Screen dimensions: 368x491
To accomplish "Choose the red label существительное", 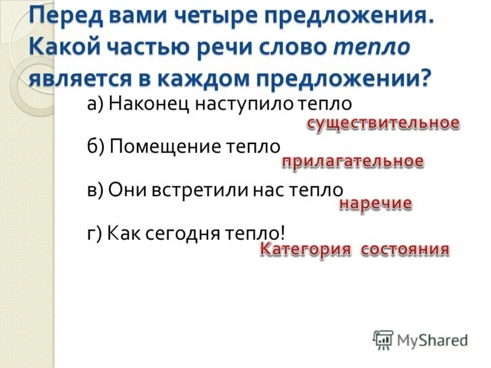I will tap(383, 123).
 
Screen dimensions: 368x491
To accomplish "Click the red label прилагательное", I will tap(352, 162).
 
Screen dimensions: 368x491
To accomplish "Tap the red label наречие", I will tap(376, 204).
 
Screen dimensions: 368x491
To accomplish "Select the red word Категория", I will tap(305, 250).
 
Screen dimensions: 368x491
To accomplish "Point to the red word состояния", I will tap(405, 250).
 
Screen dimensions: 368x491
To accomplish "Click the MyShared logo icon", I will tap(383, 339).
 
